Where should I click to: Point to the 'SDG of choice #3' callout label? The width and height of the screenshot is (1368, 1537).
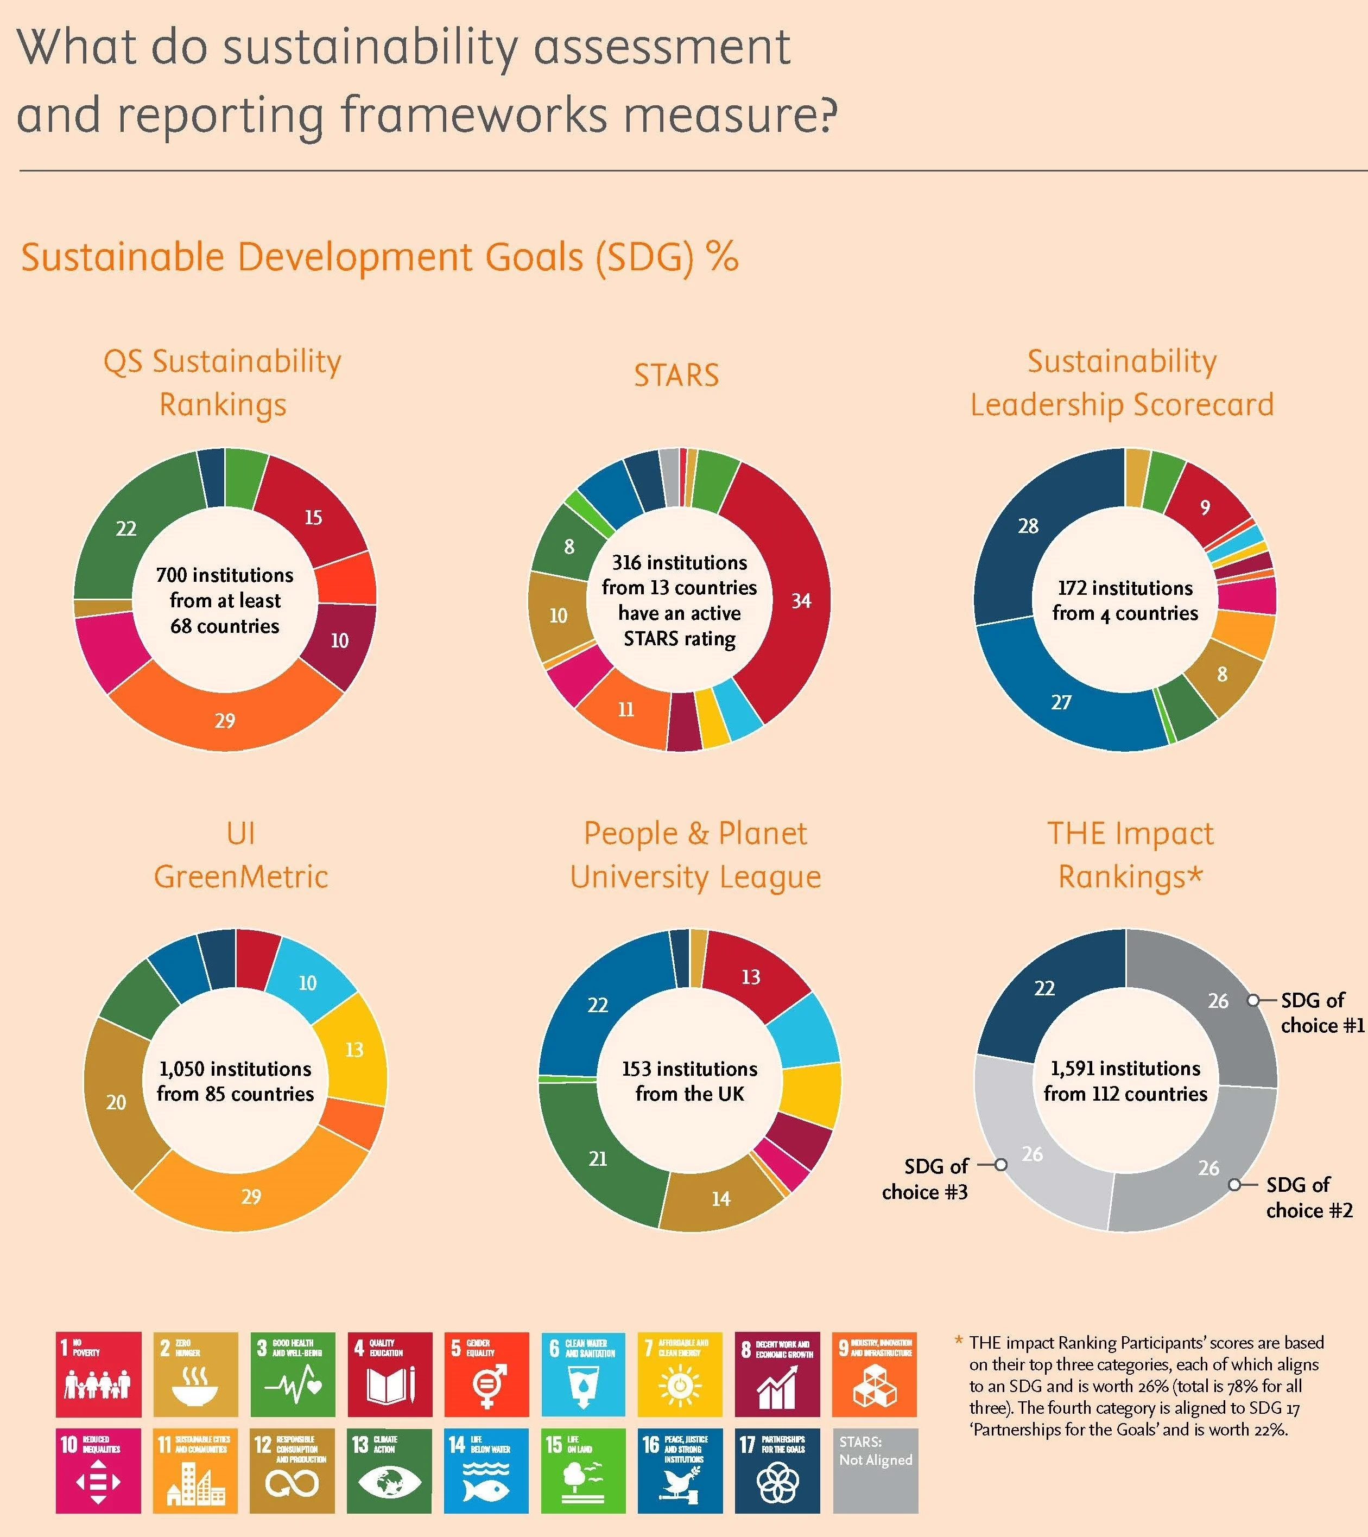click(925, 1178)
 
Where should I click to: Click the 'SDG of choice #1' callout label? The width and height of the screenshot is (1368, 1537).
click(1322, 1012)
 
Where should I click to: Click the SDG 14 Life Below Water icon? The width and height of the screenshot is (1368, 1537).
click(485, 1471)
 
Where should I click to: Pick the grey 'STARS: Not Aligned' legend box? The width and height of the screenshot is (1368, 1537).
click(875, 1471)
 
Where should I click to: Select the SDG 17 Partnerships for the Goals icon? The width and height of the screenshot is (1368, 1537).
click(777, 1471)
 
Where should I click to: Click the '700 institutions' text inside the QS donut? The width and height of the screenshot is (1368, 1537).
click(224, 575)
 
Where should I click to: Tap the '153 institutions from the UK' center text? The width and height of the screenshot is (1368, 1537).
click(689, 1081)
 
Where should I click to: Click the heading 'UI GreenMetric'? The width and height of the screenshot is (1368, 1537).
click(240, 855)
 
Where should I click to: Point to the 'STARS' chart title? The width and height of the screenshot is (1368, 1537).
click(676, 375)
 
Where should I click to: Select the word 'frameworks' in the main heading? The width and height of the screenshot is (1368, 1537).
click(474, 115)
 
